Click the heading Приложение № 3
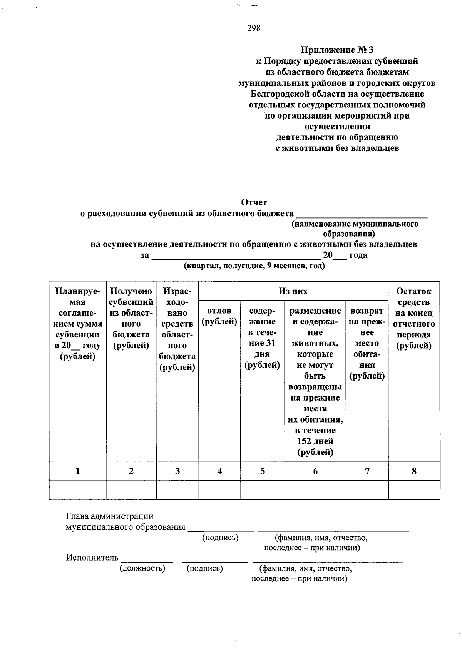(x=337, y=50)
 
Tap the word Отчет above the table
(x=254, y=202)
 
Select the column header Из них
(x=293, y=291)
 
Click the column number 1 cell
(x=78, y=471)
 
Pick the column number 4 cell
(x=219, y=471)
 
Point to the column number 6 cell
(x=315, y=471)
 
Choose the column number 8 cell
(x=414, y=471)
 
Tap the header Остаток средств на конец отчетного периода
(x=414, y=319)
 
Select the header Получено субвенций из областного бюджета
(x=131, y=319)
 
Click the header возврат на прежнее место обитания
(x=367, y=343)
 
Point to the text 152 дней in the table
(x=315, y=441)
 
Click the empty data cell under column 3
(x=177, y=490)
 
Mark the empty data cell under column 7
(x=367, y=490)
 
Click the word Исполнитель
(x=92, y=558)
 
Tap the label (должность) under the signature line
(x=142, y=568)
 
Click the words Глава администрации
(x=110, y=516)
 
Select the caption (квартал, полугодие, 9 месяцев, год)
(x=254, y=266)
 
